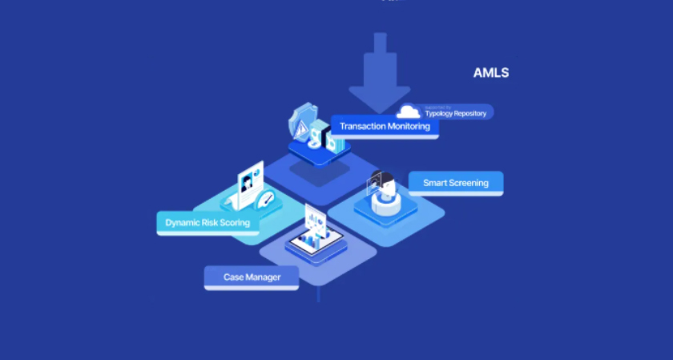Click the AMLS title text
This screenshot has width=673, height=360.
[x=490, y=73]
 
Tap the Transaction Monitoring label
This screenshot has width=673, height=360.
[x=384, y=126]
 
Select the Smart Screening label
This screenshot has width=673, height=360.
[x=455, y=183]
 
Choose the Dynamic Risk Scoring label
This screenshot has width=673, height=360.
[x=208, y=222]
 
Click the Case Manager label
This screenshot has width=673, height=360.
[x=252, y=277]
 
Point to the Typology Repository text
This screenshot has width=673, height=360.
[x=455, y=114]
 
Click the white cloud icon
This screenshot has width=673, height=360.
[x=409, y=112]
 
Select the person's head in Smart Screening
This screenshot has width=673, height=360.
[x=386, y=189]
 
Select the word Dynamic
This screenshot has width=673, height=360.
[x=182, y=222]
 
